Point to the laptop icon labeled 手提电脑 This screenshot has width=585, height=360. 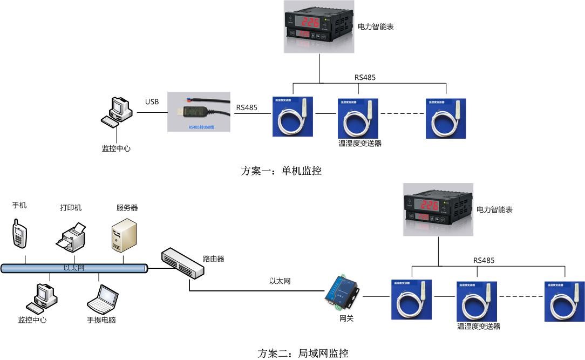click(x=103, y=300)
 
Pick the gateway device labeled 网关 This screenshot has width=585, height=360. click(x=341, y=292)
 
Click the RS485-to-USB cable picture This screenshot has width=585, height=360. click(x=199, y=112)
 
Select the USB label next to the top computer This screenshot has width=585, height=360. click(x=152, y=102)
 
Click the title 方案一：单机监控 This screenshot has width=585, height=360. click(x=281, y=171)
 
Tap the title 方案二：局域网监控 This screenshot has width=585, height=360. click(x=303, y=354)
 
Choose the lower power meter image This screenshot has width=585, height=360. click(x=438, y=209)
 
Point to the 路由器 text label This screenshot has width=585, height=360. click(x=213, y=259)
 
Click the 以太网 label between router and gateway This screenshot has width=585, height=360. click(x=280, y=281)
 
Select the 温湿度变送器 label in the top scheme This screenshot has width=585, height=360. click(x=359, y=144)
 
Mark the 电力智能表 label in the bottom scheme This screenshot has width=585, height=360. click(x=494, y=209)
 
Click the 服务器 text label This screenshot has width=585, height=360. click(x=127, y=208)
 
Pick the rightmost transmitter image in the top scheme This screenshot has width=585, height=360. click(x=445, y=118)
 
